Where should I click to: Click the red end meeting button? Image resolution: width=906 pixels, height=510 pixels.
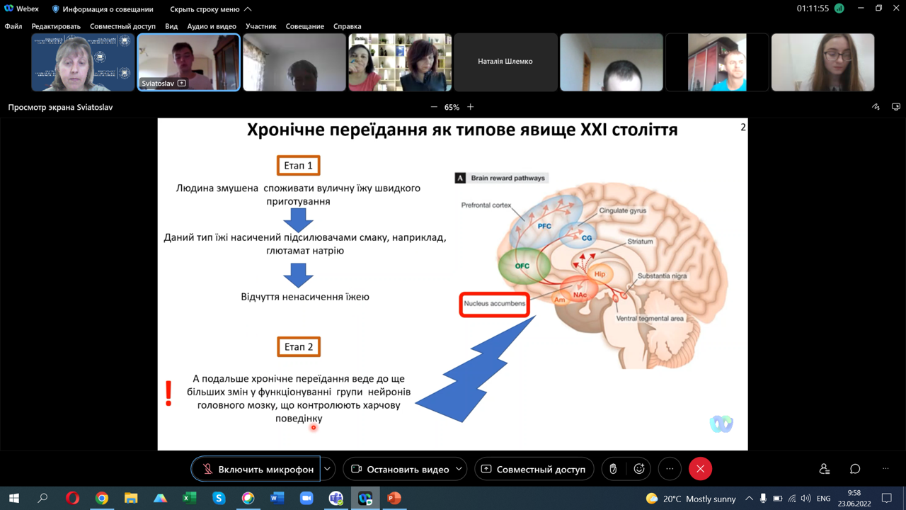pos(700,469)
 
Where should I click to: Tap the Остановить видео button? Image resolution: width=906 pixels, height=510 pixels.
pos(405,469)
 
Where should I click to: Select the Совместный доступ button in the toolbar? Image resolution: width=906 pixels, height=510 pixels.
pos(534,469)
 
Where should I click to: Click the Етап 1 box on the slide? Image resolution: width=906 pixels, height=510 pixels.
pos(299,166)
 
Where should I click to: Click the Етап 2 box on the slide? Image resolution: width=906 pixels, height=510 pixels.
pos(299,347)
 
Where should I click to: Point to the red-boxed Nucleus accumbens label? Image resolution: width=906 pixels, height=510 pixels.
pos(494,304)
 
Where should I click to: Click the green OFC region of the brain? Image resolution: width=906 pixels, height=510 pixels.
pos(524,266)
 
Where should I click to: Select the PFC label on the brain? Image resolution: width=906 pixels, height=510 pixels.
pos(544,226)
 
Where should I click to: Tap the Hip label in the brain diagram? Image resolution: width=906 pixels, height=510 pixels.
pos(600,274)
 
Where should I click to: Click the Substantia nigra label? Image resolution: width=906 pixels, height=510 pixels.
pos(662,276)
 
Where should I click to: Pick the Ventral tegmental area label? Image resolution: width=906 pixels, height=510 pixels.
pos(650,319)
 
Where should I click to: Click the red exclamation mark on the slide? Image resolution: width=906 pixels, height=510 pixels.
pos(168,393)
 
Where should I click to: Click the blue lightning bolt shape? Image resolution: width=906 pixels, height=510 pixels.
pos(476,369)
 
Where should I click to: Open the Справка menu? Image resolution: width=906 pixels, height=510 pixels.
pos(347,26)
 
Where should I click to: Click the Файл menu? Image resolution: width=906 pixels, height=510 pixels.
pos(13,26)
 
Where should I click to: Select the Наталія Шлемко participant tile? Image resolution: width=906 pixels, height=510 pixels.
pos(505,62)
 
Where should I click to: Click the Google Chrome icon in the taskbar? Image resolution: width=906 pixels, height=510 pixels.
pos(101,498)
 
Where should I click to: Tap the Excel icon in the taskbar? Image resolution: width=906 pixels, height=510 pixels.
pos(189,498)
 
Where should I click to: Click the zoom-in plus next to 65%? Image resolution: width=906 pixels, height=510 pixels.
pos(471,107)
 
